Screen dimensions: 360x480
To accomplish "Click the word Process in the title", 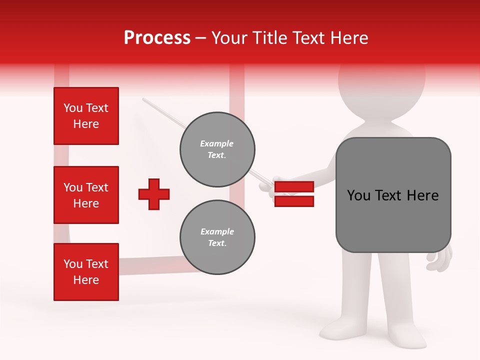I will click(x=157, y=38).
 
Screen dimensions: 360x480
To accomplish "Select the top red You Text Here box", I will click(x=86, y=116).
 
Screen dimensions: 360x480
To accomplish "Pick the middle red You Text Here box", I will click(x=86, y=195).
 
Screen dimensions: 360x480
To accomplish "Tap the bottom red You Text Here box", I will click(x=86, y=271).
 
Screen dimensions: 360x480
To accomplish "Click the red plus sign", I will click(x=154, y=194).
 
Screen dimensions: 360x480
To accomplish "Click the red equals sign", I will click(x=294, y=194).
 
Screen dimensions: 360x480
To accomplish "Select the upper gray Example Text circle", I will click(x=217, y=149).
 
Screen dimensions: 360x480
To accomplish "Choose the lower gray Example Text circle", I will click(x=217, y=237).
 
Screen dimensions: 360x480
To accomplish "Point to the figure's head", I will click(x=382, y=85).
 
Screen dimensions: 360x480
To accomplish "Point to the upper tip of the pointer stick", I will click(x=144, y=99).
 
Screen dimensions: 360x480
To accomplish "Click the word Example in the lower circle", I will click(x=217, y=231).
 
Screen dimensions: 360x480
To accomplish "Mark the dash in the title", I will click(x=201, y=38).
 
